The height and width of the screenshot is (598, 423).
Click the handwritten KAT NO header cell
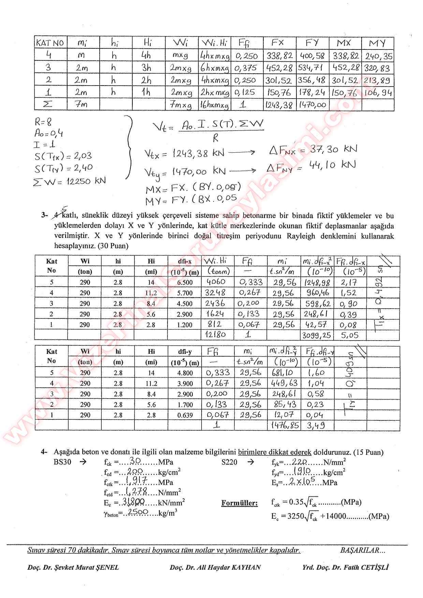[50, 43]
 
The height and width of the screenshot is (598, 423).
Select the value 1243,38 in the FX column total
[279, 105]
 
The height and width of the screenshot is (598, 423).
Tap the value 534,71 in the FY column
[312, 68]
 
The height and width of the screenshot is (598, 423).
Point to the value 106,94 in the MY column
[378, 93]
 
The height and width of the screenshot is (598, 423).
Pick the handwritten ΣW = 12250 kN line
[69, 181]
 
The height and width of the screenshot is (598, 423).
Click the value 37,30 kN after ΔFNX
[333, 149]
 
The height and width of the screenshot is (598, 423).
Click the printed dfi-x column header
[185, 261]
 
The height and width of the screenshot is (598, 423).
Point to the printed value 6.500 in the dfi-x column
[185, 283]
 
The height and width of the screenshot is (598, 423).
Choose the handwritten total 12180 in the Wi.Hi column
[215, 334]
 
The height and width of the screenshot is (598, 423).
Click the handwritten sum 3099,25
[317, 335]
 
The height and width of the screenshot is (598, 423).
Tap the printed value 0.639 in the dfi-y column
[185, 415]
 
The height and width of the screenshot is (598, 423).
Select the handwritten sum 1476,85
[284, 425]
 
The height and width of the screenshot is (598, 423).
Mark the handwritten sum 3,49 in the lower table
[316, 425]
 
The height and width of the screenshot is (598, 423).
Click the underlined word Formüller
[239, 503]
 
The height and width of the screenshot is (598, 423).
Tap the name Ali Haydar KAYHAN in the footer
[215, 568]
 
